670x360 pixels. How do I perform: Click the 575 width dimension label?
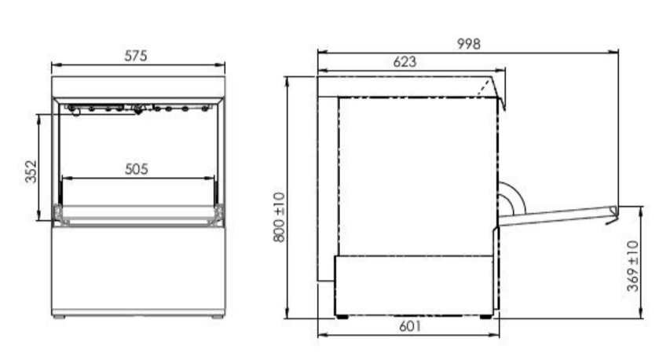pyautogui.click(x=136, y=56)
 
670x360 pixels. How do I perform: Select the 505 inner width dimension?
pyautogui.click(x=137, y=169)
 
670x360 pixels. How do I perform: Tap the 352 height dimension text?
pyautogui.click(x=31, y=171)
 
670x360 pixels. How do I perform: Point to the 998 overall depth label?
pyautogui.click(x=469, y=43)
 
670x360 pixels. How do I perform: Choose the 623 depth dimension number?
pyautogui.click(x=405, y=61)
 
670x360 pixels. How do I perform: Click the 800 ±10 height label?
pyautogui.click(x=279, y=217)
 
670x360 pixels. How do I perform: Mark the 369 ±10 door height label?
pyautogui.click(x=633, y=266)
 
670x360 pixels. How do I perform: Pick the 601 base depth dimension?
pyautogui.click(x=410, y=326)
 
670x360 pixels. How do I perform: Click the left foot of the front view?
pyautogui.click(x=59, y=317)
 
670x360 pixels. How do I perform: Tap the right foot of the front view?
pyautogui.click(x=218, y=317)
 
